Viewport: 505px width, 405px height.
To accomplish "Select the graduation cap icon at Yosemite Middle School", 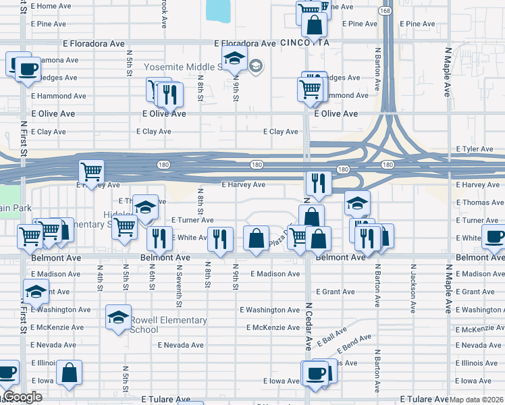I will tap(234, 59).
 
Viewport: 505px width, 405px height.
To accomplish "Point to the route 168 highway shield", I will tap(384, 11).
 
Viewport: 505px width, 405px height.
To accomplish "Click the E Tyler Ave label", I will tap(475, 148).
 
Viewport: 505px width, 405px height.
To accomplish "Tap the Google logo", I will tap(23, 397).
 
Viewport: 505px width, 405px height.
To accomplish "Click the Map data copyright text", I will tap(476, 400).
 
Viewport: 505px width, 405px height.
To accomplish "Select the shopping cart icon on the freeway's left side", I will tap(91, 171).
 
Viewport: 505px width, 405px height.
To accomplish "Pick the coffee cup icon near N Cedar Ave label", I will tap(315, 373).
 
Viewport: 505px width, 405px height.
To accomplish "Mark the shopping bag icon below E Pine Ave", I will tap(314, 25).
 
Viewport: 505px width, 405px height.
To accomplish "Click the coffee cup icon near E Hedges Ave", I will tap(28, 69).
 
